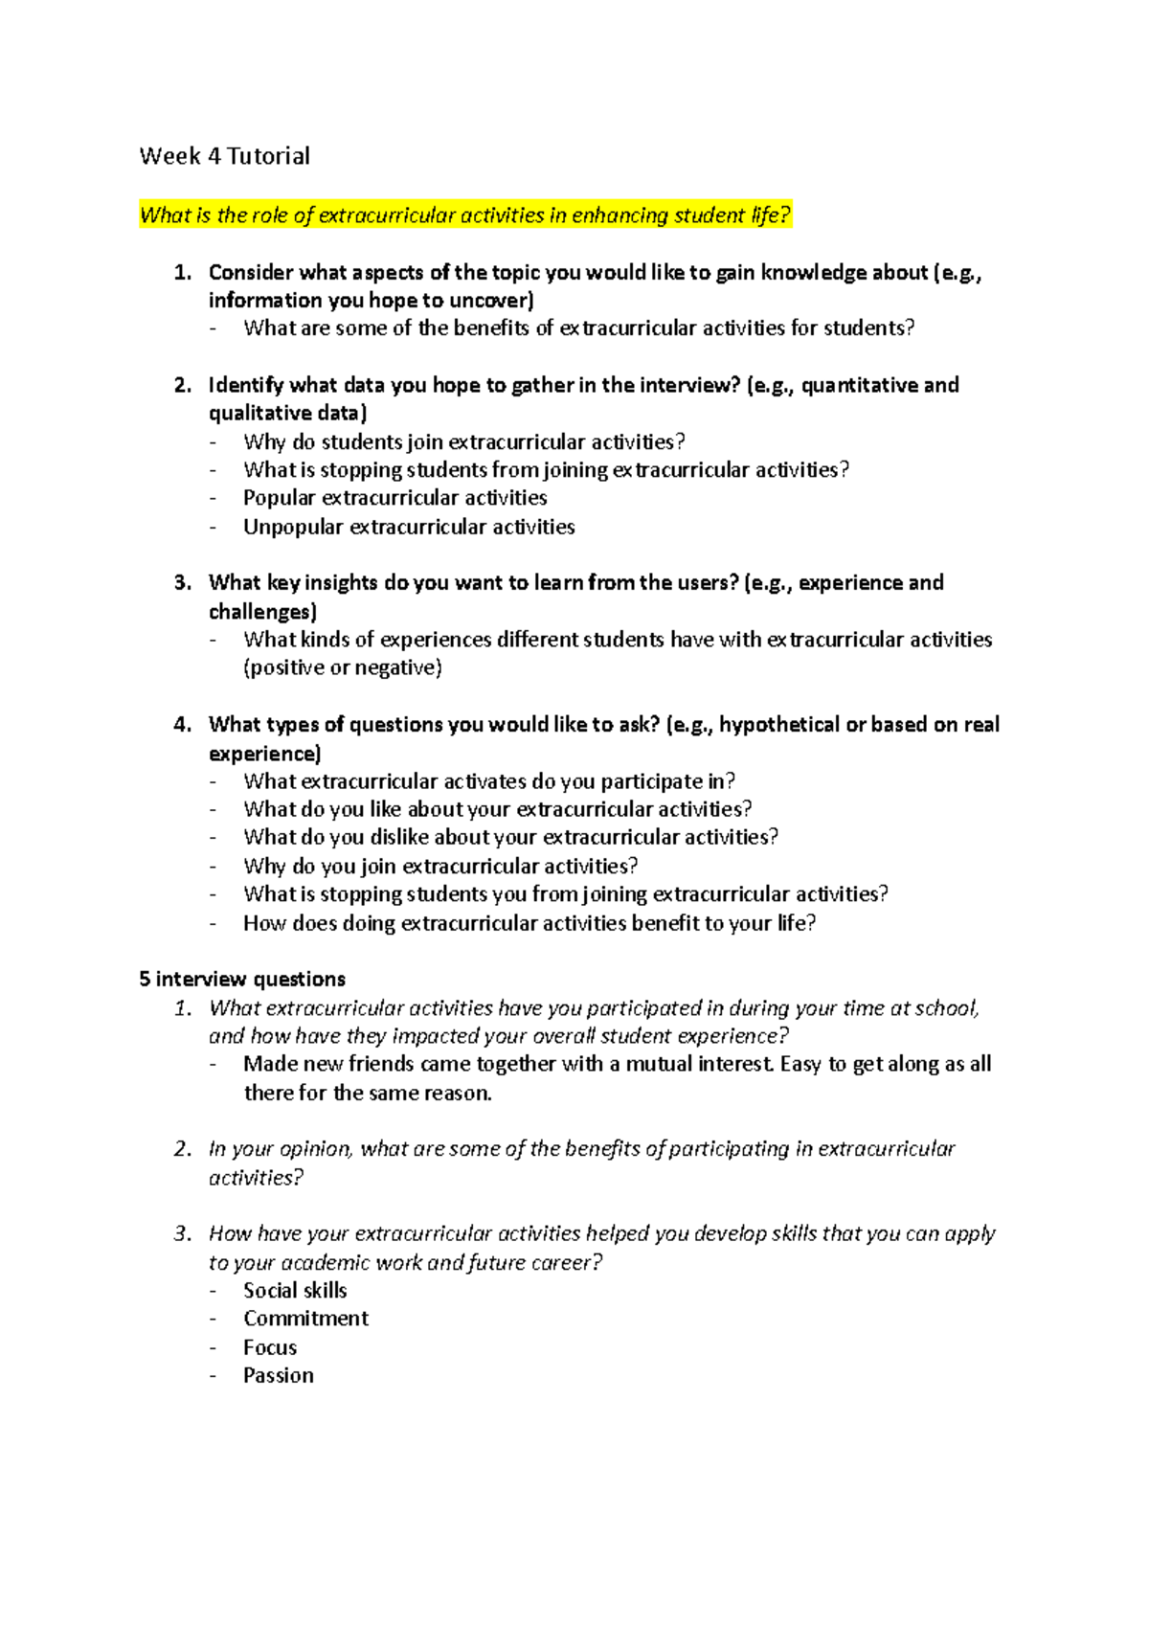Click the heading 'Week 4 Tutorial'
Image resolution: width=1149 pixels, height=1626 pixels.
tap(224, 156)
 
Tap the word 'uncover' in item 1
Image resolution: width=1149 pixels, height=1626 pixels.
tap(491, 301)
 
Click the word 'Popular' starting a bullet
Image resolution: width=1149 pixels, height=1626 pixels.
tap(279, 498)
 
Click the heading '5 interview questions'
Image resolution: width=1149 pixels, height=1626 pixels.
tap(242, 979)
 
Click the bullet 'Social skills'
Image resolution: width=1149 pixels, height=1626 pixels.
tap(295, 1291)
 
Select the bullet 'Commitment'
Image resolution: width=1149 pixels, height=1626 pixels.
tap(305, 1319)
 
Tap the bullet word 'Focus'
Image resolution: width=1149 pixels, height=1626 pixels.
tap(270, 1347)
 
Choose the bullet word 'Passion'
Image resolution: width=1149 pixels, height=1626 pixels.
tap(279, 1376)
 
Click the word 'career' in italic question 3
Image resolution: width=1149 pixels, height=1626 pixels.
tap(566, 1263)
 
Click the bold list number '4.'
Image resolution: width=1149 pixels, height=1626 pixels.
tap(183, 725)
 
